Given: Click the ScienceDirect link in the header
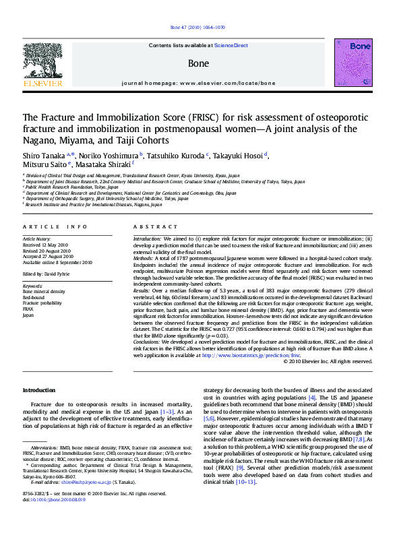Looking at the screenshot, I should tap(231, 46).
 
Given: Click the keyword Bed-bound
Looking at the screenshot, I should tap(34, 296).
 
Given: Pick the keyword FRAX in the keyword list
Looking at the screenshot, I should tap(28, 309).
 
